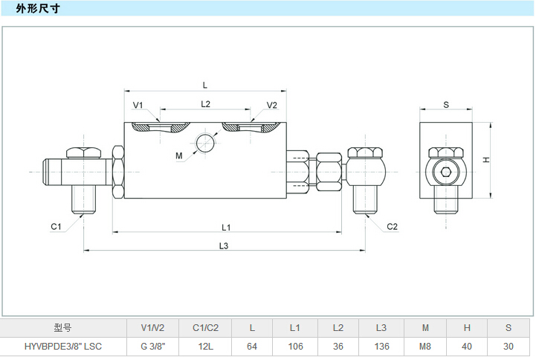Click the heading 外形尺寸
click(x=38, y=9)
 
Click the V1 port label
click(x=138, y=105)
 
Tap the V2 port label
click(x=271, y=105)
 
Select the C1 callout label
click(x=56, y=226)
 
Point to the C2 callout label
click(x=392, y=226)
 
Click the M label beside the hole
click(x=178, y=155)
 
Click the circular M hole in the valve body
click(x=206, y=142)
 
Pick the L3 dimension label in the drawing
click(x=224, y=245)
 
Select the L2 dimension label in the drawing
click(x=206, y=105)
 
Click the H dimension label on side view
click(x=485, y=160)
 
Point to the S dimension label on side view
click(x=446, y=105)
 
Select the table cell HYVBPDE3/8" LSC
click(x=63, y=347)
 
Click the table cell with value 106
click(x=295, y=347)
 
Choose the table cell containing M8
click(x=425, y=347)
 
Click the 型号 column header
click(x=63, y=327)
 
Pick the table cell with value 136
click(x=381, y=347)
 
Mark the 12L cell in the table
click(x=205, y=347)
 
